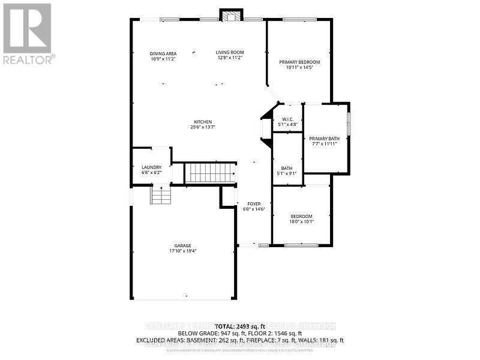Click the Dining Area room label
(163, 53)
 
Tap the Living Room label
(230, 53)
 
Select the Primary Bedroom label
(299, 62)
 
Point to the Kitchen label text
(202, 122)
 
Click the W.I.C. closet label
(287, 119)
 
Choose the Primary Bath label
(325, 139)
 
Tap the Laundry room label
(151, 167)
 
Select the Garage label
(183, 245)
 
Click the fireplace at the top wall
(230, 16)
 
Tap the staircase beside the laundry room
(211, 173)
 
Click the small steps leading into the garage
(160, 195)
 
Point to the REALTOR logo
(28, 34)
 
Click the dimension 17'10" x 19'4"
(183, 251)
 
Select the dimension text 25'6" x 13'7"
(202, 127)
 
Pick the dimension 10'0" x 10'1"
(302, 221)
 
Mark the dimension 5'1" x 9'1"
(287, 175)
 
